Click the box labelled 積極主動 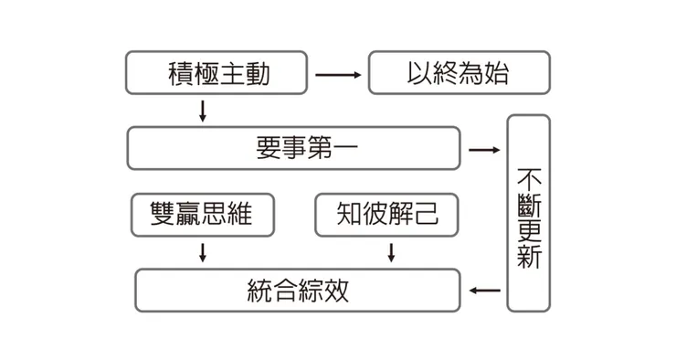219,73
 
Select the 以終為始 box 459,73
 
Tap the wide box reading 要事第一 293,149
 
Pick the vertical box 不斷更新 528,212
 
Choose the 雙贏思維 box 202,215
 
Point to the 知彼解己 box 387,215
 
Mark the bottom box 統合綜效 298,291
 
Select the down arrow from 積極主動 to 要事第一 203,111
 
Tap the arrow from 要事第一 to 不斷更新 484,149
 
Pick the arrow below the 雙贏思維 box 203,252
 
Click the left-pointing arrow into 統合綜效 485,291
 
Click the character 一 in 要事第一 332,149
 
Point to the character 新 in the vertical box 529,257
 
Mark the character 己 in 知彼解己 427,215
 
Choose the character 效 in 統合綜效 336,291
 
